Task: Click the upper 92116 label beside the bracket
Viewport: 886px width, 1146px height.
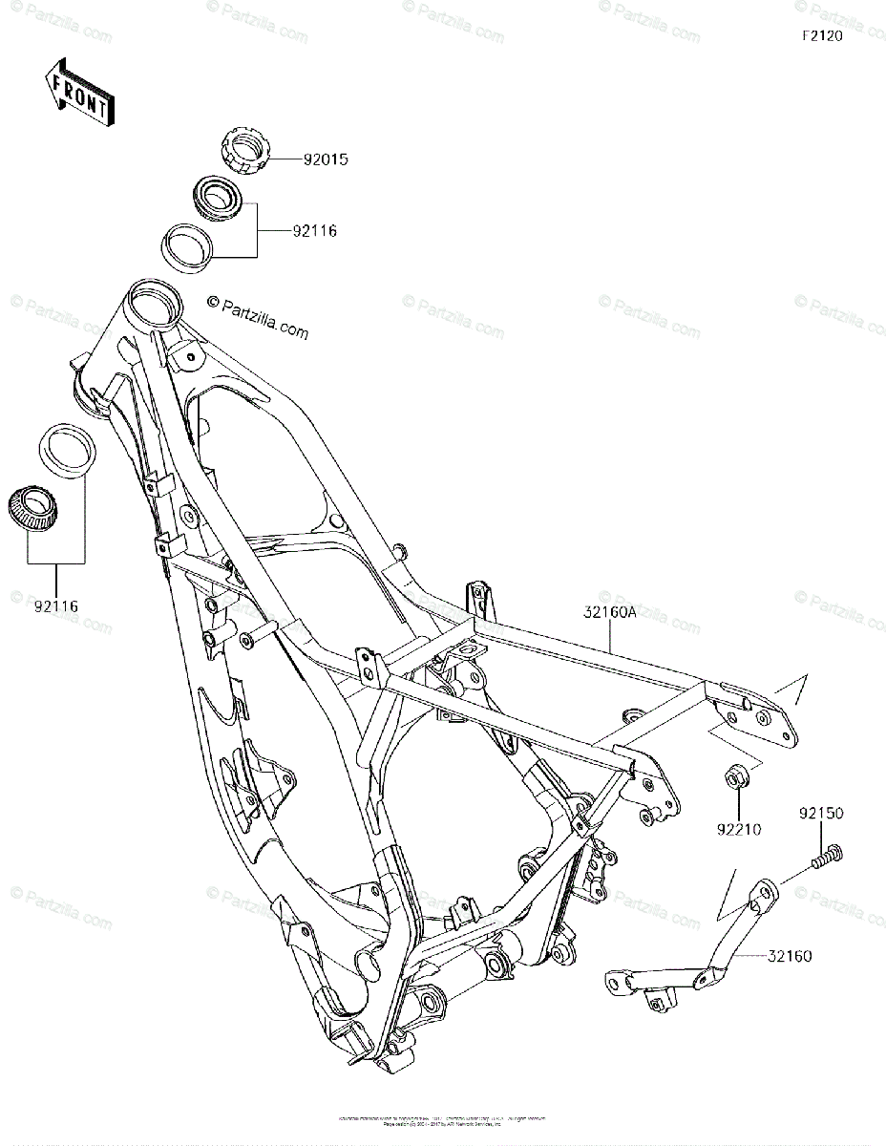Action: pos(314,230)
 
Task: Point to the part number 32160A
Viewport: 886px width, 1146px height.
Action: pos(605,614)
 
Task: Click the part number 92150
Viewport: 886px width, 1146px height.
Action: pos(821,814)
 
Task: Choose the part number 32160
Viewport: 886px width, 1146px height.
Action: pos(788,956)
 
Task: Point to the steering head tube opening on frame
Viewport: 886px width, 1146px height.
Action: pos(153,305)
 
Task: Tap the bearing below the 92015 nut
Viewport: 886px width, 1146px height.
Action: pos(219,196)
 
